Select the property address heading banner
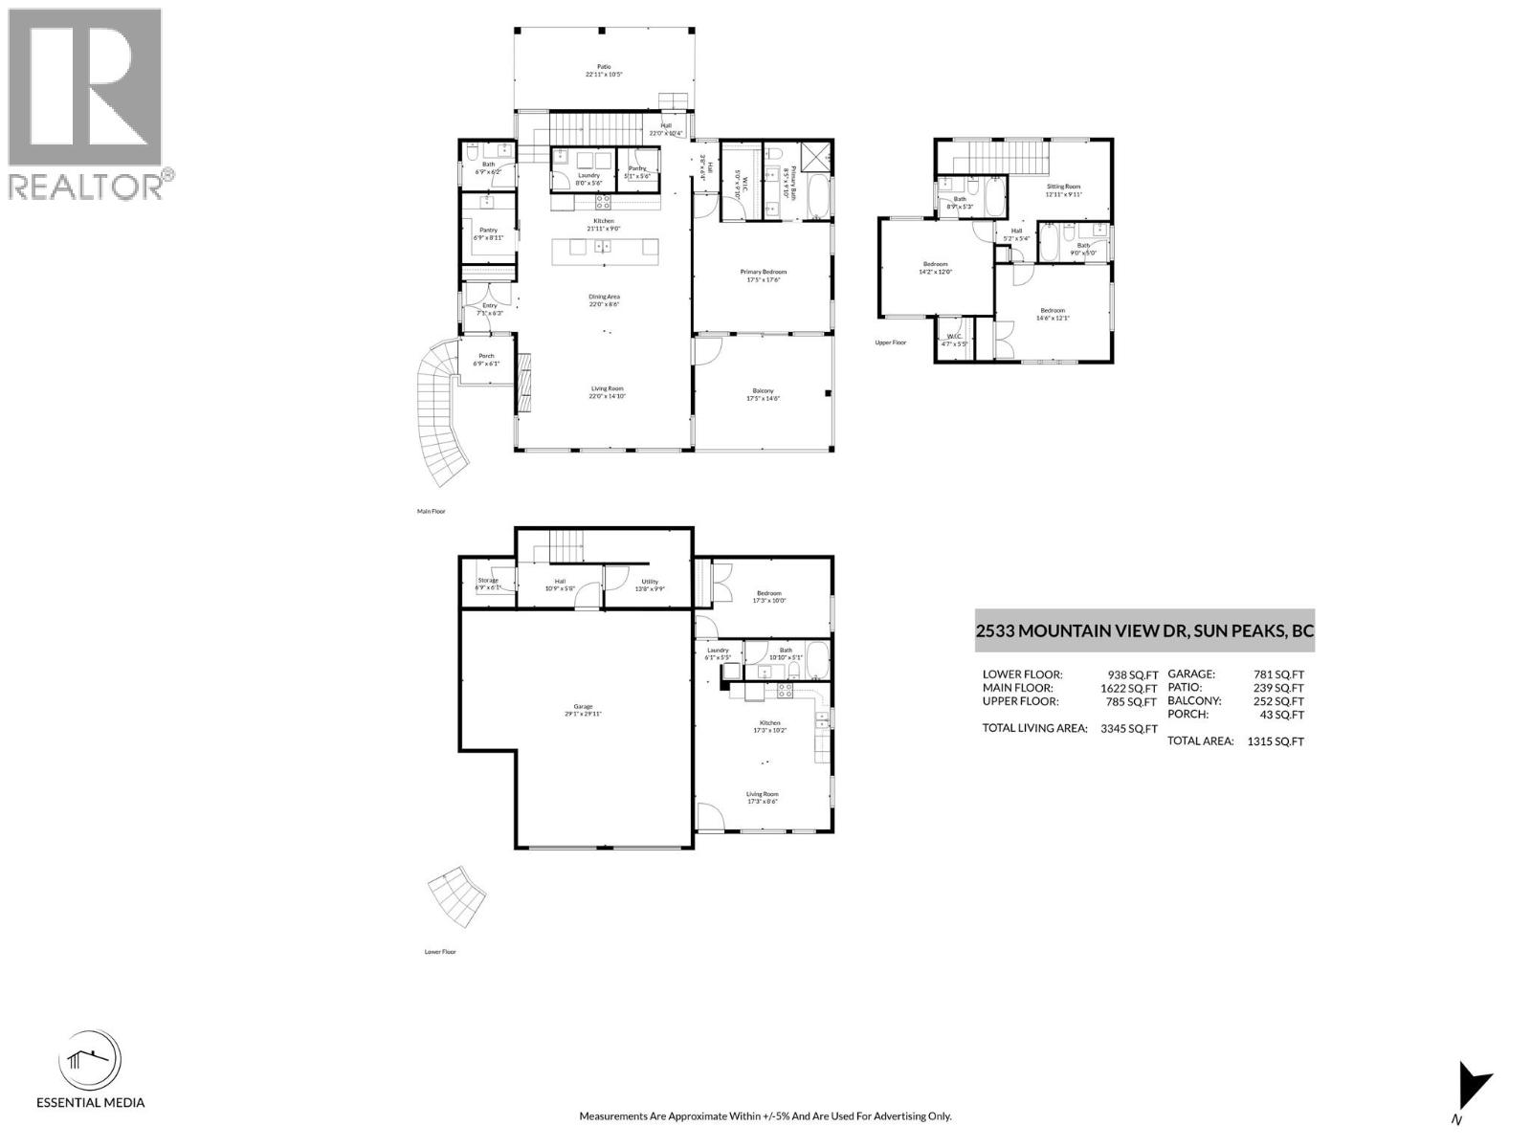coord(1144,631)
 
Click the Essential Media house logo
coord(90,1061)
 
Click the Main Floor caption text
coord(431,512)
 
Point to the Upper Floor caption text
coord(890,342)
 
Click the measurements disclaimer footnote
coord(765,1116)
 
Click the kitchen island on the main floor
coord(605,248)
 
